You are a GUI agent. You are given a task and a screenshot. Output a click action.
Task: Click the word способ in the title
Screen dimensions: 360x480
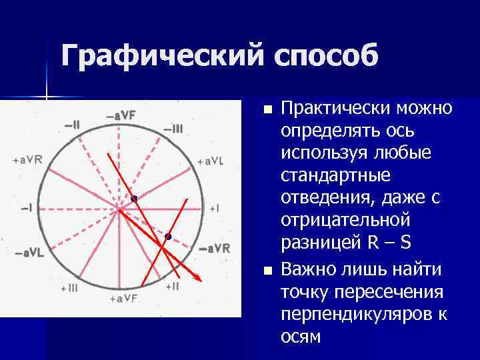click(x=325, y=55)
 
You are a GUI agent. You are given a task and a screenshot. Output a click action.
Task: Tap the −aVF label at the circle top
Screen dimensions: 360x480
click(x=121, y=115)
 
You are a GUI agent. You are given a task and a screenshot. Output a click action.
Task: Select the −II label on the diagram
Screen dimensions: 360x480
click(x=72, y=124)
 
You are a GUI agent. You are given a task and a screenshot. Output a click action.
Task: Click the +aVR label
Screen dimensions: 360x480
click(x=27, y=161)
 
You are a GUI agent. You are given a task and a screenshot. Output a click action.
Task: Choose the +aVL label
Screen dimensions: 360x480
click(x=211, y=161)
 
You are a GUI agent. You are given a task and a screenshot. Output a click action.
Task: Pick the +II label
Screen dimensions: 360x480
click(x=171, y=287)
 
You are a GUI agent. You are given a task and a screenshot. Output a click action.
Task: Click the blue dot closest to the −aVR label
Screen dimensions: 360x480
click(x=168, y=237)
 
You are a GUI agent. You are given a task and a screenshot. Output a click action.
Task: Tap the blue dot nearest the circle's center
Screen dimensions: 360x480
click(x=134, y=199)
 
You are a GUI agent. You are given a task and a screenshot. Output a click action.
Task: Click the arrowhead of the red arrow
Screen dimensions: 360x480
click(x=199, y=277)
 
